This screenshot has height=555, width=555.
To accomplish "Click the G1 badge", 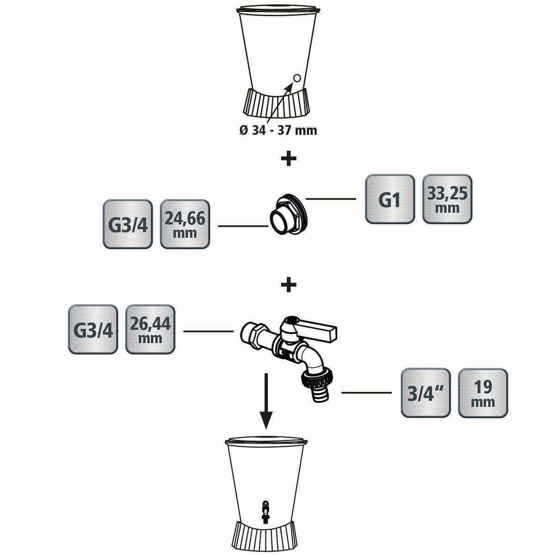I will click(x=389, y=199).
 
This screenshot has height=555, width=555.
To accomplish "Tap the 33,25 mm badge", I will click(x=447, y=199).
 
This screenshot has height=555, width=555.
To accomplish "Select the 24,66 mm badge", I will click(x=185, y=224).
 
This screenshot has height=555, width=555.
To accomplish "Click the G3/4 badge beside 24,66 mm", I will click(x=127, y=224).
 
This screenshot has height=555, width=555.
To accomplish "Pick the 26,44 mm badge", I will click(x=150, y=329).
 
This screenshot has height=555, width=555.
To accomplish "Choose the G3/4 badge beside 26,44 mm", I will click(x=93, y=329).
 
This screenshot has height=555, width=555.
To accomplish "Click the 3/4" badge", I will click(x=425, y=393).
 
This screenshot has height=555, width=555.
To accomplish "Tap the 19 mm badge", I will click(x=482, y=393).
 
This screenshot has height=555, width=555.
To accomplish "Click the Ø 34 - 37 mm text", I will click(x=278, y=130).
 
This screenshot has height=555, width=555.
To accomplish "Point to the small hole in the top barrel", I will click(x=297, y=78).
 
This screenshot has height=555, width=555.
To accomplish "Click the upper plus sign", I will click(x=289, y=159).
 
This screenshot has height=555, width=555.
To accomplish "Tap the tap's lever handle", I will click(x=319, y=329).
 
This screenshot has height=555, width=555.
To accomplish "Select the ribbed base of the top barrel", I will click(x=276, y=103).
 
